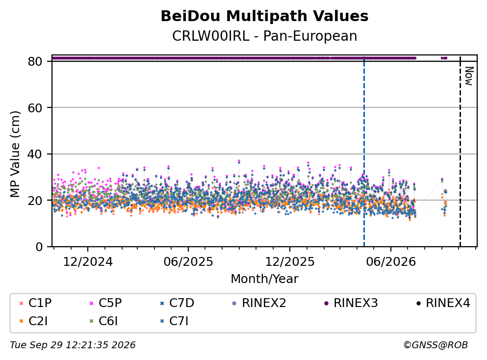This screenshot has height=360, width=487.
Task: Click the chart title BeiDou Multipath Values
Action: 264,16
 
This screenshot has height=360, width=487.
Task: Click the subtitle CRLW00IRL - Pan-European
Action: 264,36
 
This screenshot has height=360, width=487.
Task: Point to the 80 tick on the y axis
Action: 35,61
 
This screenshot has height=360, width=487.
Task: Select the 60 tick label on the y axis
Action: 35,108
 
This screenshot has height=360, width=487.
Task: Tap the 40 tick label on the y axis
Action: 35,154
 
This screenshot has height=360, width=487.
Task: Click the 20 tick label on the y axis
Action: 35,200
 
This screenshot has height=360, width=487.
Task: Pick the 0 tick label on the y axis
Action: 39,247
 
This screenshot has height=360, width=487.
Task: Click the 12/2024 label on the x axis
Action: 88,262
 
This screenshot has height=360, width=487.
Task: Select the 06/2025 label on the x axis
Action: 188,262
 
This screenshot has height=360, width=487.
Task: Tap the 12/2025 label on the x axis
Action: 290,262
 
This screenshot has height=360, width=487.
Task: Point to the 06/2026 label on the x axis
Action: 391,262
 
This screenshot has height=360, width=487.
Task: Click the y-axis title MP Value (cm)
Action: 15,154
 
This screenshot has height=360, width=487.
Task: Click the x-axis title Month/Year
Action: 264,279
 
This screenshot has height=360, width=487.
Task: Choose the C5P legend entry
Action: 105,303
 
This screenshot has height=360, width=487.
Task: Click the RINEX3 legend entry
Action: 351,303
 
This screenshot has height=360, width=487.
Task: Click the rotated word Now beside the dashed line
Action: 469,76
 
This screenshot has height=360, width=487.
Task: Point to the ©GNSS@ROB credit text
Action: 436,345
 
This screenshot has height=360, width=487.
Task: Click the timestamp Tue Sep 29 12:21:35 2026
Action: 73,345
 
